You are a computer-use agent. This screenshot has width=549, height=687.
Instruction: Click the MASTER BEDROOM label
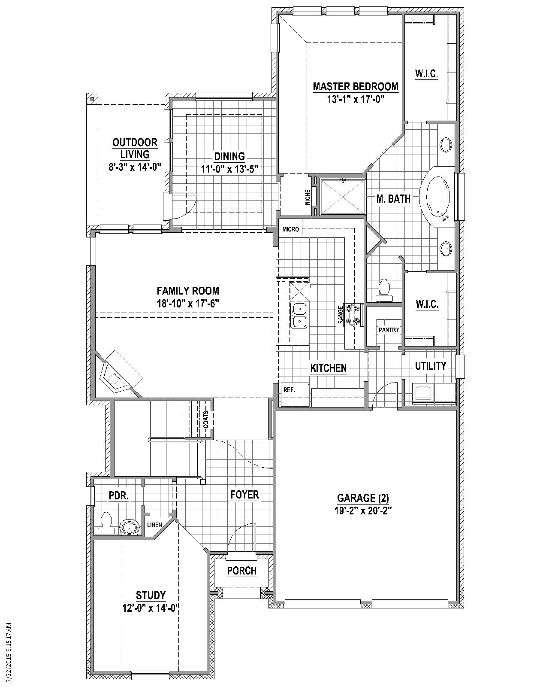[x=356, y=86]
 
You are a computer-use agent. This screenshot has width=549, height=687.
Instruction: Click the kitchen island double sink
[x=299, y=316]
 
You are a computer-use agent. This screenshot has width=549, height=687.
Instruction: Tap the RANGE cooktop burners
[x=353, y=314]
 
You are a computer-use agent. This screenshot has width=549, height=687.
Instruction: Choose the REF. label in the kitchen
[x=290, y=390]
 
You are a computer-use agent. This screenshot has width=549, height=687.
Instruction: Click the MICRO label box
[x=291, y=229]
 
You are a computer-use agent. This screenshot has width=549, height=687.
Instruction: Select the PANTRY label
[x=389, y=330]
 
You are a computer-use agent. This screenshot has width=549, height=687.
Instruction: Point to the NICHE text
[x=308, y=197]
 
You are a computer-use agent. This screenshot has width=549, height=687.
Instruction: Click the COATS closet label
[x=206, y=419]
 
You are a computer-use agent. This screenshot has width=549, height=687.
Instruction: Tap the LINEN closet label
[x=154, y=525]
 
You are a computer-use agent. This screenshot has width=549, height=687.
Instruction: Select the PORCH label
[x=242, y=571]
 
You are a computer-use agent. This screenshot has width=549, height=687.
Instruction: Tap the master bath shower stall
[x=342, y=197]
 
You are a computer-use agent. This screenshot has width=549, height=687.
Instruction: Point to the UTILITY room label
[x=431, y=366]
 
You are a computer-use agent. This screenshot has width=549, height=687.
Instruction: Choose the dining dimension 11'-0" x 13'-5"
[x=229, y=169]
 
